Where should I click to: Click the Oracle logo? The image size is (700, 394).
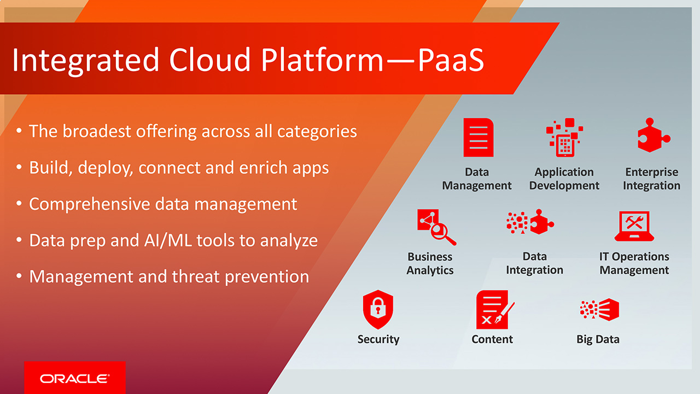coord(74,378)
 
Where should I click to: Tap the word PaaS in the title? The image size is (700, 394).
coord(451,60)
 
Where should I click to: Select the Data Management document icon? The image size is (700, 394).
coord(478,138)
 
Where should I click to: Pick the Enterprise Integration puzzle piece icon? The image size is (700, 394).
coord(652,136)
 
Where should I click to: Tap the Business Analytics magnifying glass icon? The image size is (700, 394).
coord(436,227)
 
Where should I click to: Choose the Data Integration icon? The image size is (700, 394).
coord(530,222)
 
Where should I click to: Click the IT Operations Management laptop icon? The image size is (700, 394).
coord(634,226)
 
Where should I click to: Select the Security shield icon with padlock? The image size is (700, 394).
coord(378,309)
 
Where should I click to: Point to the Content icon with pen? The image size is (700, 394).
coord(494,309)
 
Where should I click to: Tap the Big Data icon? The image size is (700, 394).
coord(599,309)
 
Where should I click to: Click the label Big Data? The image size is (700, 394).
coord(598,339)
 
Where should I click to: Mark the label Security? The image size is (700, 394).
coord(378,339)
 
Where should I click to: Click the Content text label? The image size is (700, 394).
coord(492,339)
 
